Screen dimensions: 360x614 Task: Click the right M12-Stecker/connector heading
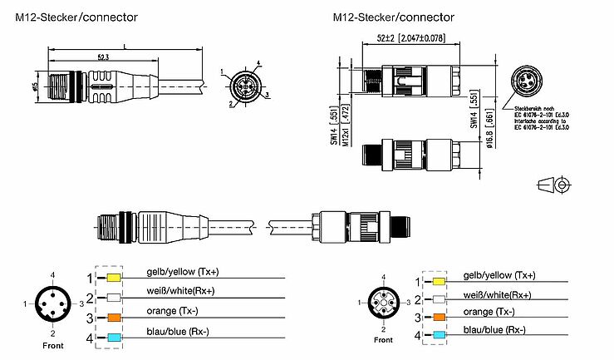click(393, 17)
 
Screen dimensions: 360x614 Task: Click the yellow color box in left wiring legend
click(114, 278)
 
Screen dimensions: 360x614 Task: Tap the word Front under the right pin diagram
click(383, 340)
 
